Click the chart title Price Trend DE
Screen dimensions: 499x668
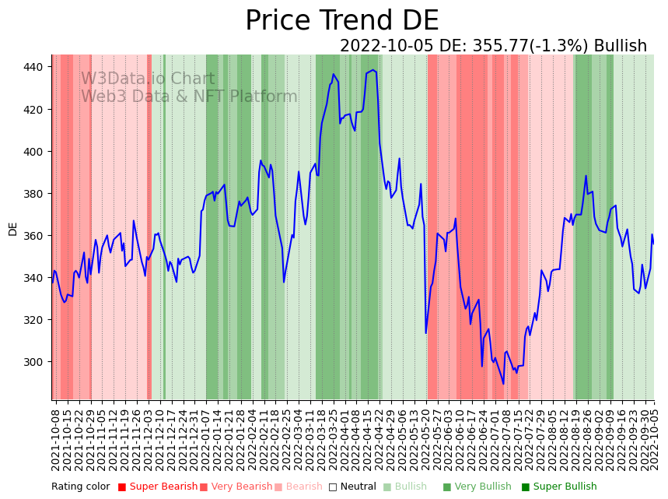pos(341,21)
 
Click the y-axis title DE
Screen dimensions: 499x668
pos(12,228)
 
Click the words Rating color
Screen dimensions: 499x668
pos(81,487)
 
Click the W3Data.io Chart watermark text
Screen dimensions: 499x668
pos(148,79)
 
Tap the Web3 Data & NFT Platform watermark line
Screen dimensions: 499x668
pos(189,97)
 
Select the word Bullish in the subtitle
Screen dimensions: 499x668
pos(620,46)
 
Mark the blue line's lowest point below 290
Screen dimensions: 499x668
pos(503,383)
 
